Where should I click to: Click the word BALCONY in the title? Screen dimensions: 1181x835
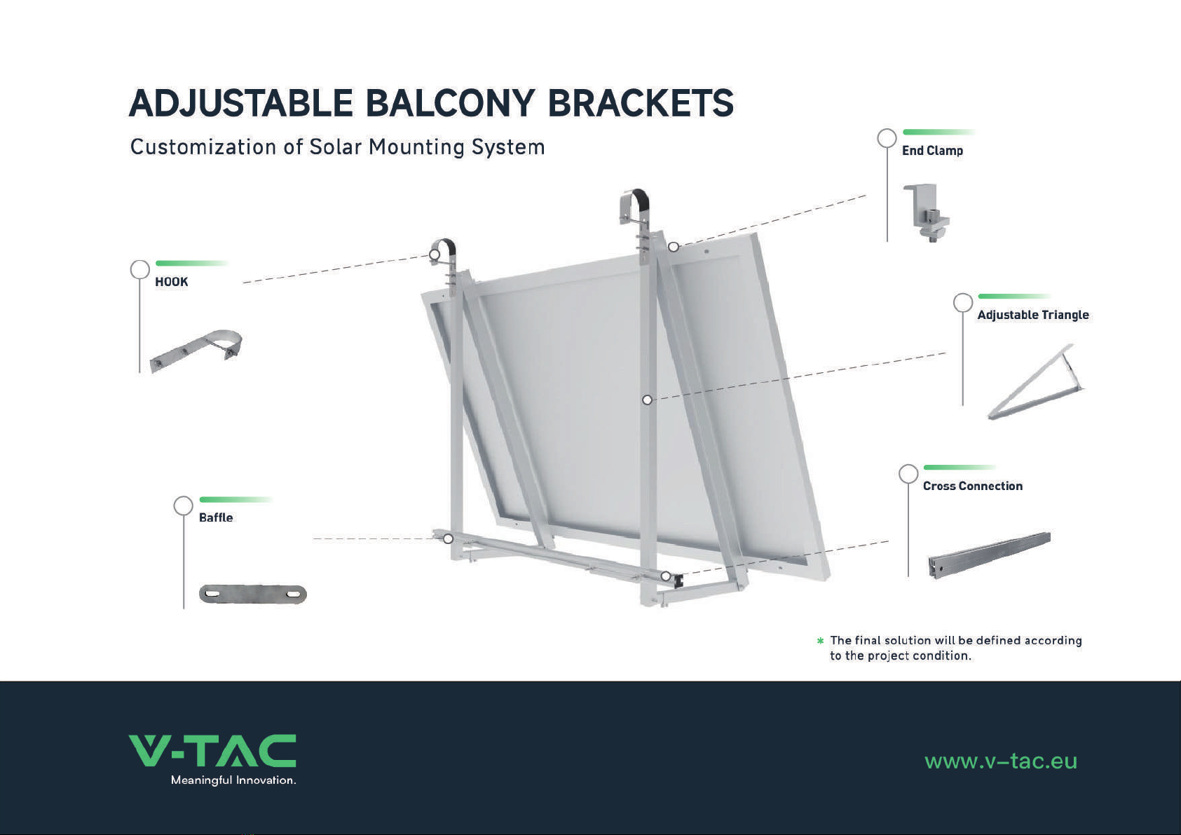pyautogui.click(x=450, y=103)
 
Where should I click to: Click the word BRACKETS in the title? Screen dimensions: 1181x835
pyautogui.click(x=641, y=103)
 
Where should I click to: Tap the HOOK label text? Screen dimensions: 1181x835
pyautogui.click(x=171, y=282)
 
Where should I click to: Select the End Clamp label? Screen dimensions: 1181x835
pyautogui.click(x=932, y=151)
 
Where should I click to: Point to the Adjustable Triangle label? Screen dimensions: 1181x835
pyautogui.click(x=1033, y=315)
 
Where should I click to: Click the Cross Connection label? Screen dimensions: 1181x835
pyautogui.click(x=973, y=486)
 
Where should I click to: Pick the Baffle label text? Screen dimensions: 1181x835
pyautogui.click(x=216, y=517)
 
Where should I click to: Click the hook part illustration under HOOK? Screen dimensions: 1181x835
pyautogui.click(x=196, y=351)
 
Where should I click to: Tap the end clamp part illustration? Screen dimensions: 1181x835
pyautogui.click(x=927, y=212)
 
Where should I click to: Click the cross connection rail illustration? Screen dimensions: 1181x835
pyautogui.click(x=989, y=555)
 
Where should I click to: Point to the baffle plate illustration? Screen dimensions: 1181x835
pyautogui.click(x=252, y=595)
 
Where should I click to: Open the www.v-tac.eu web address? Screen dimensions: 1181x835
pyautogui.click(x=1001, y=761)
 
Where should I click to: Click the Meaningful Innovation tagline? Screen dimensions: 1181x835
pyautogui.click(x=233, y=780)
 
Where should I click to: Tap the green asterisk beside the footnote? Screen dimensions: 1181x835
pyautogui.click(x=820, y=641)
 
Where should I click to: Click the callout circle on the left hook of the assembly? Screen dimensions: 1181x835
pyautogui.click(x=435, y=254)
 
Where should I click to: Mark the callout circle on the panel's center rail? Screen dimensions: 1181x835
pyautogui.click(x=648, y=400)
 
